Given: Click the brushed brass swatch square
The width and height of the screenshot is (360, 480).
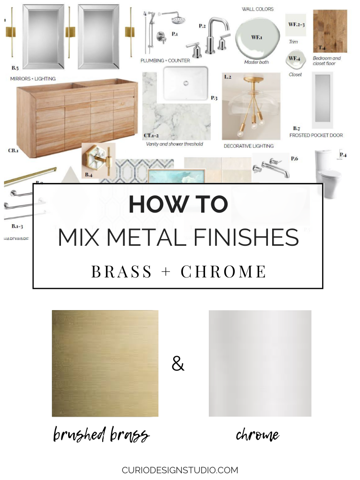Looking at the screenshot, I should [105, 363].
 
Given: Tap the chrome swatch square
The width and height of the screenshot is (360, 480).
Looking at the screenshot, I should [260, 363].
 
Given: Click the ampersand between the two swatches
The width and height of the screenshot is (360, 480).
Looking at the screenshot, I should [178, 365].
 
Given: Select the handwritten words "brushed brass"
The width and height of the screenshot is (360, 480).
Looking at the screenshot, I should [101, 435].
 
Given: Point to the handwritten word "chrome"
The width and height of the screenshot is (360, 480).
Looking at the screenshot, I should [257, 435].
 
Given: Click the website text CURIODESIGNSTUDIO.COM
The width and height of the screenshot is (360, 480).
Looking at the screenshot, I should [180, 470].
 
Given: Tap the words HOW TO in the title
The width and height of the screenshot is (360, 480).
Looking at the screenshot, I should [178, 205].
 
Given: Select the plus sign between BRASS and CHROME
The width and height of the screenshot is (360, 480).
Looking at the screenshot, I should [166, 272].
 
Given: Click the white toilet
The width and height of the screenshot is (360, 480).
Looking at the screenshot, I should [328, 174].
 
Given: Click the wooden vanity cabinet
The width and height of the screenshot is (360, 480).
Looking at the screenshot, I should [77, 118].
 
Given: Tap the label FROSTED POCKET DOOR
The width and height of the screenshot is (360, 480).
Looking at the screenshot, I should [316, 135].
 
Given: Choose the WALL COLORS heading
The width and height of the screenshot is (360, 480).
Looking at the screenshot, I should [258, 9].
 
